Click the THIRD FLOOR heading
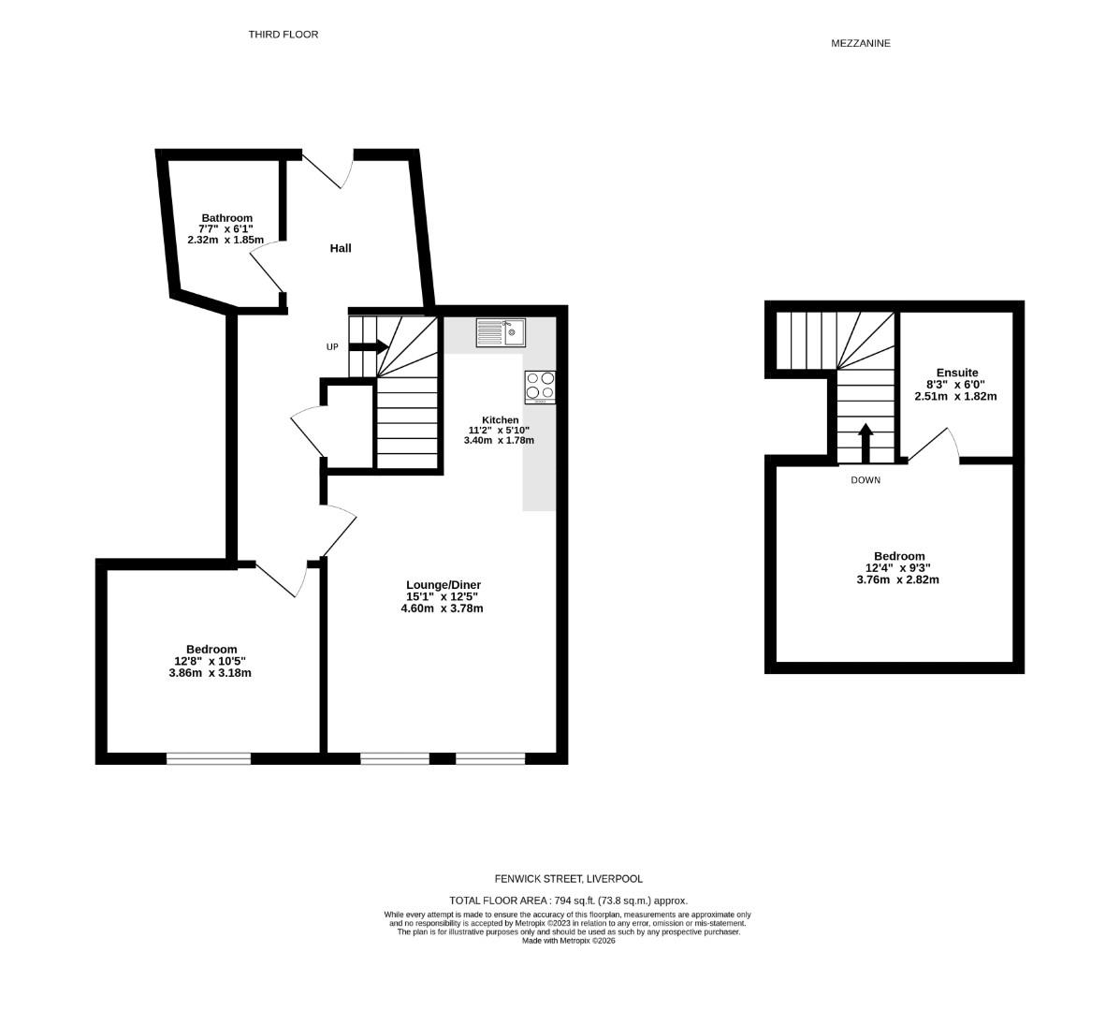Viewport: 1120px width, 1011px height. pos(283,35)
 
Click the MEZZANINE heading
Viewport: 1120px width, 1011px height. pos(860,43)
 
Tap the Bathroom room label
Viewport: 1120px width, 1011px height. pos(225,218)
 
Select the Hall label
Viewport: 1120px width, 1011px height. pos(341,248)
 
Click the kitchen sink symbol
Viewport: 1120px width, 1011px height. pos(501,332)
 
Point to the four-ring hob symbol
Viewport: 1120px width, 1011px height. pos(540,387)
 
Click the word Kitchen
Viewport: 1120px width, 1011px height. pos(500,419)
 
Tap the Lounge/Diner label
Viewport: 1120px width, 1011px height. pos(443,585)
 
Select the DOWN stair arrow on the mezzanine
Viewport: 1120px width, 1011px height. pos(865,444)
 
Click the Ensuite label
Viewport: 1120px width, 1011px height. pos(956,373)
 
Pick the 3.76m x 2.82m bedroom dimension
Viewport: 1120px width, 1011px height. pos(897,579)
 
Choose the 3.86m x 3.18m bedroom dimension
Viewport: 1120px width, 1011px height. pos(211,672)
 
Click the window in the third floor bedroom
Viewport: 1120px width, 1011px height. pos(209,758)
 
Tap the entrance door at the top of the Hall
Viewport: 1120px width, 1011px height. pos(327,168)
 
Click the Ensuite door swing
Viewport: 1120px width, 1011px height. pos(936,446)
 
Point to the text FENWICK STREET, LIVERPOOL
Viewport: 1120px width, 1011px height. pos(569,879)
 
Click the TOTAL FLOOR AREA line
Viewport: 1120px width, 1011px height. pos(568,900)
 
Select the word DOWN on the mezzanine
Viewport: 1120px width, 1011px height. pos(865,480)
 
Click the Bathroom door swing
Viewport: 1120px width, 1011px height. pos(266,269)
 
